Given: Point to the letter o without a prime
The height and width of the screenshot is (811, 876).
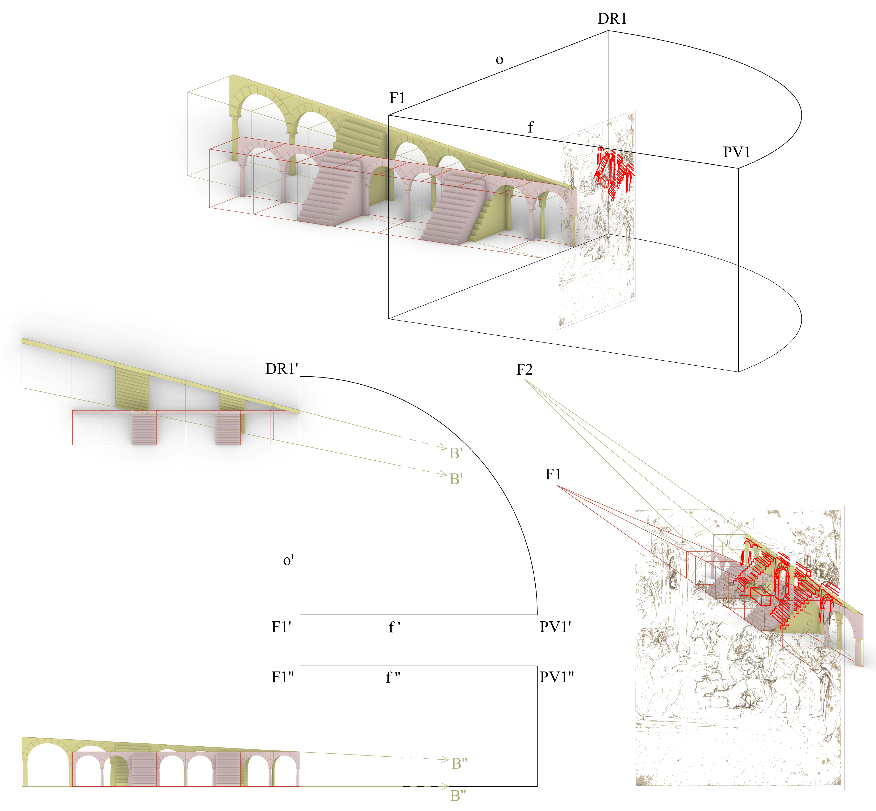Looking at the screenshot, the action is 499,60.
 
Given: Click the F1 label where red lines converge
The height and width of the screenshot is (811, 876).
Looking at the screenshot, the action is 553,474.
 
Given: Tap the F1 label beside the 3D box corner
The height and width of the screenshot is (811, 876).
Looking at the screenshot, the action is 397,98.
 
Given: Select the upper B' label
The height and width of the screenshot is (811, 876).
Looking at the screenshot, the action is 456,453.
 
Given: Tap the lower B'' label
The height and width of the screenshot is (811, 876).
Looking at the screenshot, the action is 458,795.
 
